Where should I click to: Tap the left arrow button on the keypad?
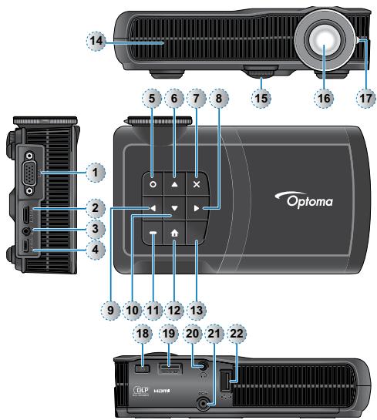(x=153, y=208)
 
